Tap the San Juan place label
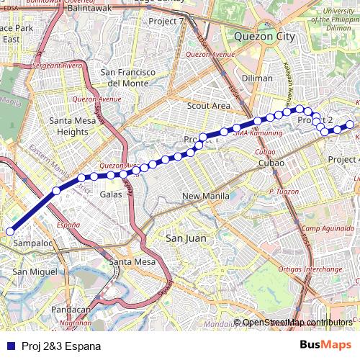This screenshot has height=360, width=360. point(186,238)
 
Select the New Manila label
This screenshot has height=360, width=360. point(205,196)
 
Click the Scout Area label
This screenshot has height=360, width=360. point(208,106)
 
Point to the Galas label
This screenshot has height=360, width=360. point(111,194)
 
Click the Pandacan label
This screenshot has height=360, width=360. point(71,310)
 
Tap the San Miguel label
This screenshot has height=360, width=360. point(34,271)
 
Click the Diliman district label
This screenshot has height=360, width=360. point(257,78)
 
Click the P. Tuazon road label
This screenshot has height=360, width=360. point(283,191)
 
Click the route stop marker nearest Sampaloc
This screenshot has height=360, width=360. point(10,231)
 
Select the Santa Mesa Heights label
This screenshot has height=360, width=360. point(73,126)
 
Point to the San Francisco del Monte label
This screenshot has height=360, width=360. point(128,78)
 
